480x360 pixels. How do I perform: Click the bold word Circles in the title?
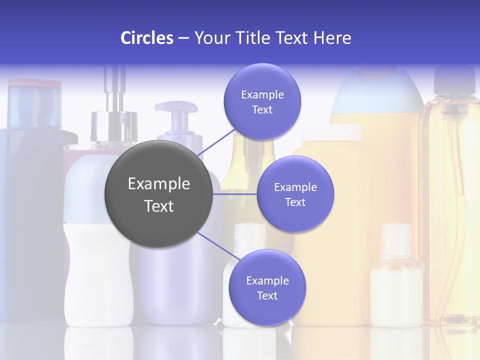pyautogui.click(x=146, y=38)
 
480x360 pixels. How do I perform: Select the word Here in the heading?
pyautogui.click(x=332, y=38)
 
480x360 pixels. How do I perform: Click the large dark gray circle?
pyautogui.click(x=158, y=194)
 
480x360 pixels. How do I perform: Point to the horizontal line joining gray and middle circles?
pyautogui.click(x=235, y=194)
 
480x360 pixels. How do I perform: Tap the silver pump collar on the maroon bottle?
pyautogui.click(x=113, y=127)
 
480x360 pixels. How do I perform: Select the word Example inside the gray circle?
pyautogui.click(x=158, y=184)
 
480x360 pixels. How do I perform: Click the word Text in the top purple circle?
pyautogui.click(x=262, y=110)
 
